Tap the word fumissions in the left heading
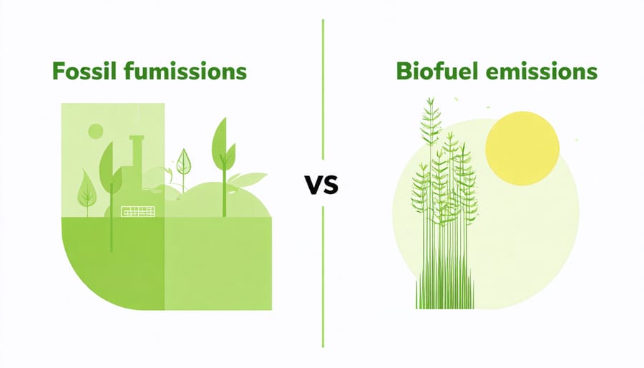coord(185,71)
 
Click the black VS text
coord(321,185)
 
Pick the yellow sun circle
coord(522,148)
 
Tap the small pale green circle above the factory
coord(96,131)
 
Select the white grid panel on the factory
coord(138,211)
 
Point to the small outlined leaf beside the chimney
coord(184,163)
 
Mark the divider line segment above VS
coord(323,89)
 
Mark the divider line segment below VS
coord(323,277)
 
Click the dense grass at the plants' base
coord(445,289)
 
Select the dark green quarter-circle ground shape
coord(113,263)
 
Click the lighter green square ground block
coord(218,263)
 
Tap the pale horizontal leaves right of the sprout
coord(248,179)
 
